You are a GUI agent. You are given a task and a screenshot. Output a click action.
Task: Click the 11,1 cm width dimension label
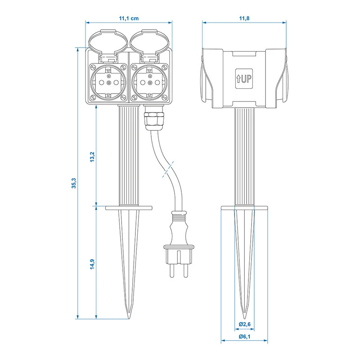click(129, 18)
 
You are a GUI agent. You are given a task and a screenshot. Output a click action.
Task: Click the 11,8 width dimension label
click(244, 18)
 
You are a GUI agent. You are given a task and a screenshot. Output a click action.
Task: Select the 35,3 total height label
click(73, 183)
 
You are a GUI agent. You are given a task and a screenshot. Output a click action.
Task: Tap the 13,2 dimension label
click(92, 157)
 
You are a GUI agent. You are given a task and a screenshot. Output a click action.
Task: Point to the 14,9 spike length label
click(92, 264)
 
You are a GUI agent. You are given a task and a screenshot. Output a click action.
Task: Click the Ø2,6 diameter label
click(245, 324)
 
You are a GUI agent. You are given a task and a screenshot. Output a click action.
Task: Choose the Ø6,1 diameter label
click(245, 337)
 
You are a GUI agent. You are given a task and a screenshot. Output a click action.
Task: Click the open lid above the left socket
click(107, 42)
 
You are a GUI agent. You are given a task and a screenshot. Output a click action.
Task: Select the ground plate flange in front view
click(129, 207)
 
